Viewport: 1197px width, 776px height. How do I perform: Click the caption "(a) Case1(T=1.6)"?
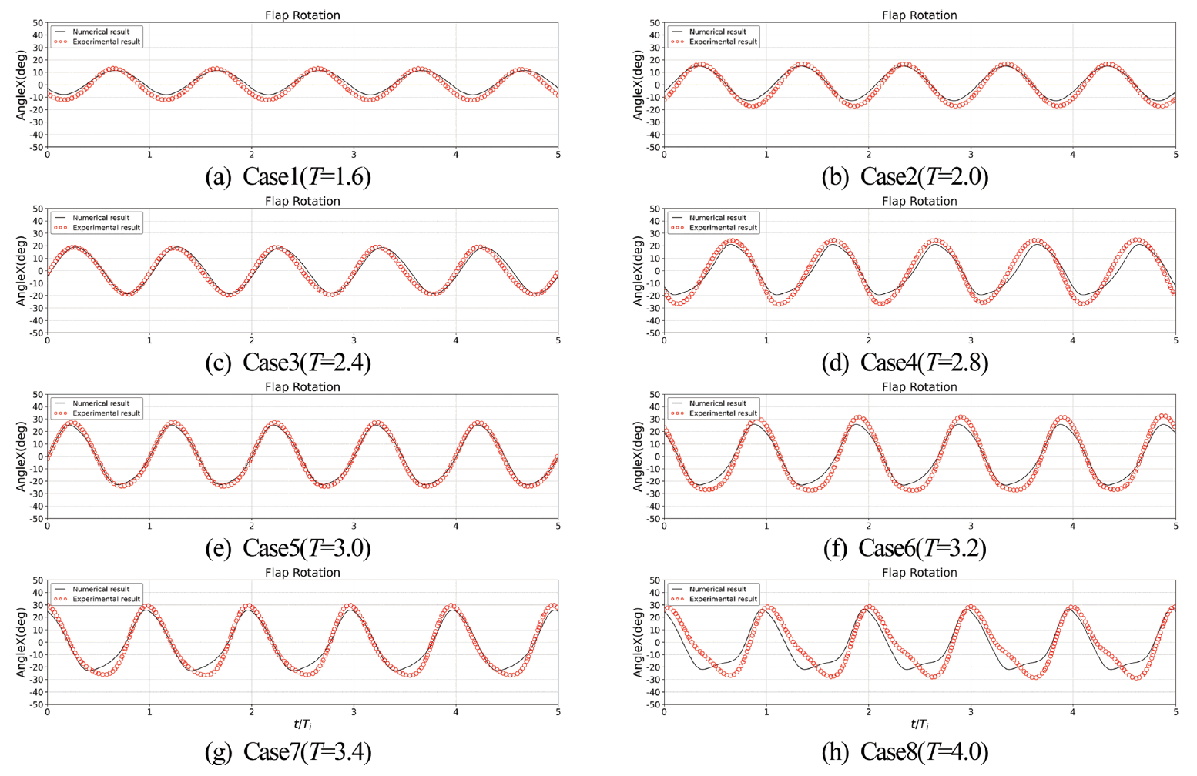(288, 176)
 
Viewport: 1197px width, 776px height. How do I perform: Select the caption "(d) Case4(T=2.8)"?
(905, 362)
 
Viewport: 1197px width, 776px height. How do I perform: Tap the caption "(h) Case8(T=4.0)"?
(905, 751)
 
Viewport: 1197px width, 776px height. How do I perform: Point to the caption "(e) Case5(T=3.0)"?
(288, 547)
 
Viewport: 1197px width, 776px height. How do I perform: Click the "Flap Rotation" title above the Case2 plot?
(919, 15)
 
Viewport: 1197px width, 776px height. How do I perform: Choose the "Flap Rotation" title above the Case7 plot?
(302, 573)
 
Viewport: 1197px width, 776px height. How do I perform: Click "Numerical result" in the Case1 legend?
(100, 32)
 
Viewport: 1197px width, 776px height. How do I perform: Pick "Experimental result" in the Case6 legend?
(723, 413)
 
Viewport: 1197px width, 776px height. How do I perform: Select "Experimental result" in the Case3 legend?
(106, 228)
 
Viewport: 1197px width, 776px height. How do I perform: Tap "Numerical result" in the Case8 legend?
(717, 590)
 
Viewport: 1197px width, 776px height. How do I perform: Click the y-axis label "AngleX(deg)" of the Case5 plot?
(22, 457)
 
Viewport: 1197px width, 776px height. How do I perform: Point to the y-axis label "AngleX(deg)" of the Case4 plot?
(638, 271)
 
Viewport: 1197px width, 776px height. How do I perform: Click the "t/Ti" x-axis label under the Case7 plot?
(302, 724)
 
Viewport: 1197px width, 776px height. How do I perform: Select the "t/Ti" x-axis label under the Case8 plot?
(919, 724)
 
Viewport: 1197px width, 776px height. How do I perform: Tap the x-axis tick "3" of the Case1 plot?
(354, 156)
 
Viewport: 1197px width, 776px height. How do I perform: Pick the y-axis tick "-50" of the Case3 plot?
(35, 333)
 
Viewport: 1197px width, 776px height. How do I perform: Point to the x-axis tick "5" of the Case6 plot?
(1175, 527)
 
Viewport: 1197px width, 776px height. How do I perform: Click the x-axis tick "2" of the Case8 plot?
(868, 712)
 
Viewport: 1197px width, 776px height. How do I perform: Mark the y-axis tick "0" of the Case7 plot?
(41, 643)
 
